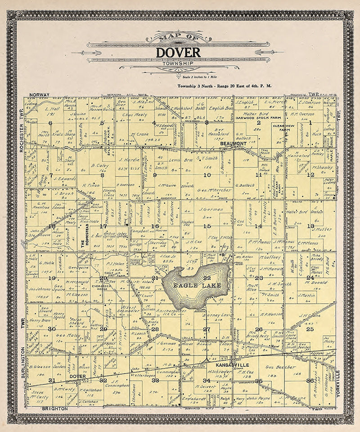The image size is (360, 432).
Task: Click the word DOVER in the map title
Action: [179, 52]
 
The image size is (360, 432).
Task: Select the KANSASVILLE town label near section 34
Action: [217, 363]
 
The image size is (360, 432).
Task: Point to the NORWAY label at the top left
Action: [39, 94]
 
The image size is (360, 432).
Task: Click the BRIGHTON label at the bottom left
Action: [54, 408]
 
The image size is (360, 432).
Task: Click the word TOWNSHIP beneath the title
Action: [179, 64]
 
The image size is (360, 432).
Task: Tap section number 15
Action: [207, 226]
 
